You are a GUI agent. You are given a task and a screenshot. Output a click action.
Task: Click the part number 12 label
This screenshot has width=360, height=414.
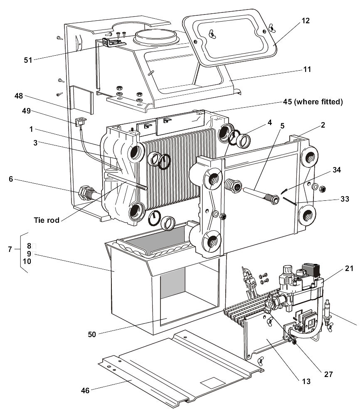pos(305,21)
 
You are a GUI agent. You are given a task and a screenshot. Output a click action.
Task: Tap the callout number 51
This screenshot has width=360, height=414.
pos(28,60)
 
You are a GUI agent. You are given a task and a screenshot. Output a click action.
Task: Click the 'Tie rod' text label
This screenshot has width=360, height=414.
pos(47,220)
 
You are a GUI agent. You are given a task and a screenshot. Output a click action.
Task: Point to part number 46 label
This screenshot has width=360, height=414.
pos(85,390)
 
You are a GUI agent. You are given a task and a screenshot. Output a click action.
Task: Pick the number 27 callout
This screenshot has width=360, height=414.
pos(328,374)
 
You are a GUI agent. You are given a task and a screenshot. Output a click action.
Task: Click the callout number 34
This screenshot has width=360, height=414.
pos(336,170)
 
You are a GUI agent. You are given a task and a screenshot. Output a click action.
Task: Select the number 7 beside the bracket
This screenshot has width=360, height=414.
pos(10,249)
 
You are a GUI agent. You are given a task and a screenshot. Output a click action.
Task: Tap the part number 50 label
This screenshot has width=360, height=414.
pos(91,335)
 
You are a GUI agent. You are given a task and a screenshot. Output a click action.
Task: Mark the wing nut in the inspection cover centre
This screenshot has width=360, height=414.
pos(212,34)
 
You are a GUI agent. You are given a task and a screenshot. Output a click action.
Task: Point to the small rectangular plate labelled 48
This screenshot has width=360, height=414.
pos(81,100)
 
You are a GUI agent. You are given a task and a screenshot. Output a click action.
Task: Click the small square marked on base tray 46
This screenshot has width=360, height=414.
pos(210,382)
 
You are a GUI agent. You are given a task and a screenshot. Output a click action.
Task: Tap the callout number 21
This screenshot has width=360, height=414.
pos(349,268)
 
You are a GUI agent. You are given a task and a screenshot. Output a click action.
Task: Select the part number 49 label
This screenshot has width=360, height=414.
pos(27,111)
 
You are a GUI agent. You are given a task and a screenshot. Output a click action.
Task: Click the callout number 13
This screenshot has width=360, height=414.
pos(306,381)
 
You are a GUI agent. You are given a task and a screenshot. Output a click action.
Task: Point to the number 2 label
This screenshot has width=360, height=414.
pos(323,125)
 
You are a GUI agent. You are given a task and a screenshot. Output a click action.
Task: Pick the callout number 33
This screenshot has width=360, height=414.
pos(345,199)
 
